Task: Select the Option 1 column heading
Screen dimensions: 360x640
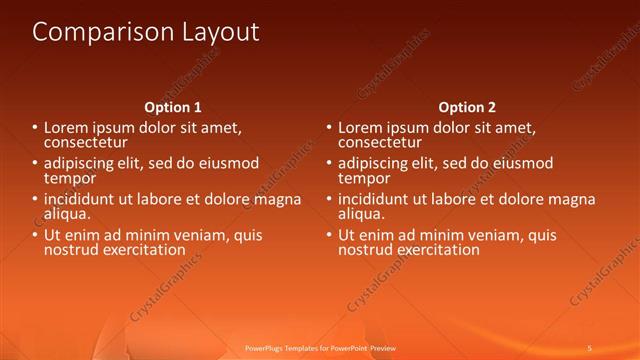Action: click(x=173, y=107)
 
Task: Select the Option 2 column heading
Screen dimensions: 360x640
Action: click(x=467, y=107)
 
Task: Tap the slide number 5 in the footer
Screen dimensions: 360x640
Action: click(x=589, y=348)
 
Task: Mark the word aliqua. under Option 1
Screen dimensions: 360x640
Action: click(x=66, y=214)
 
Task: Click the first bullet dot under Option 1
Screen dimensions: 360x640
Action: click(x=35, y=129)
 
